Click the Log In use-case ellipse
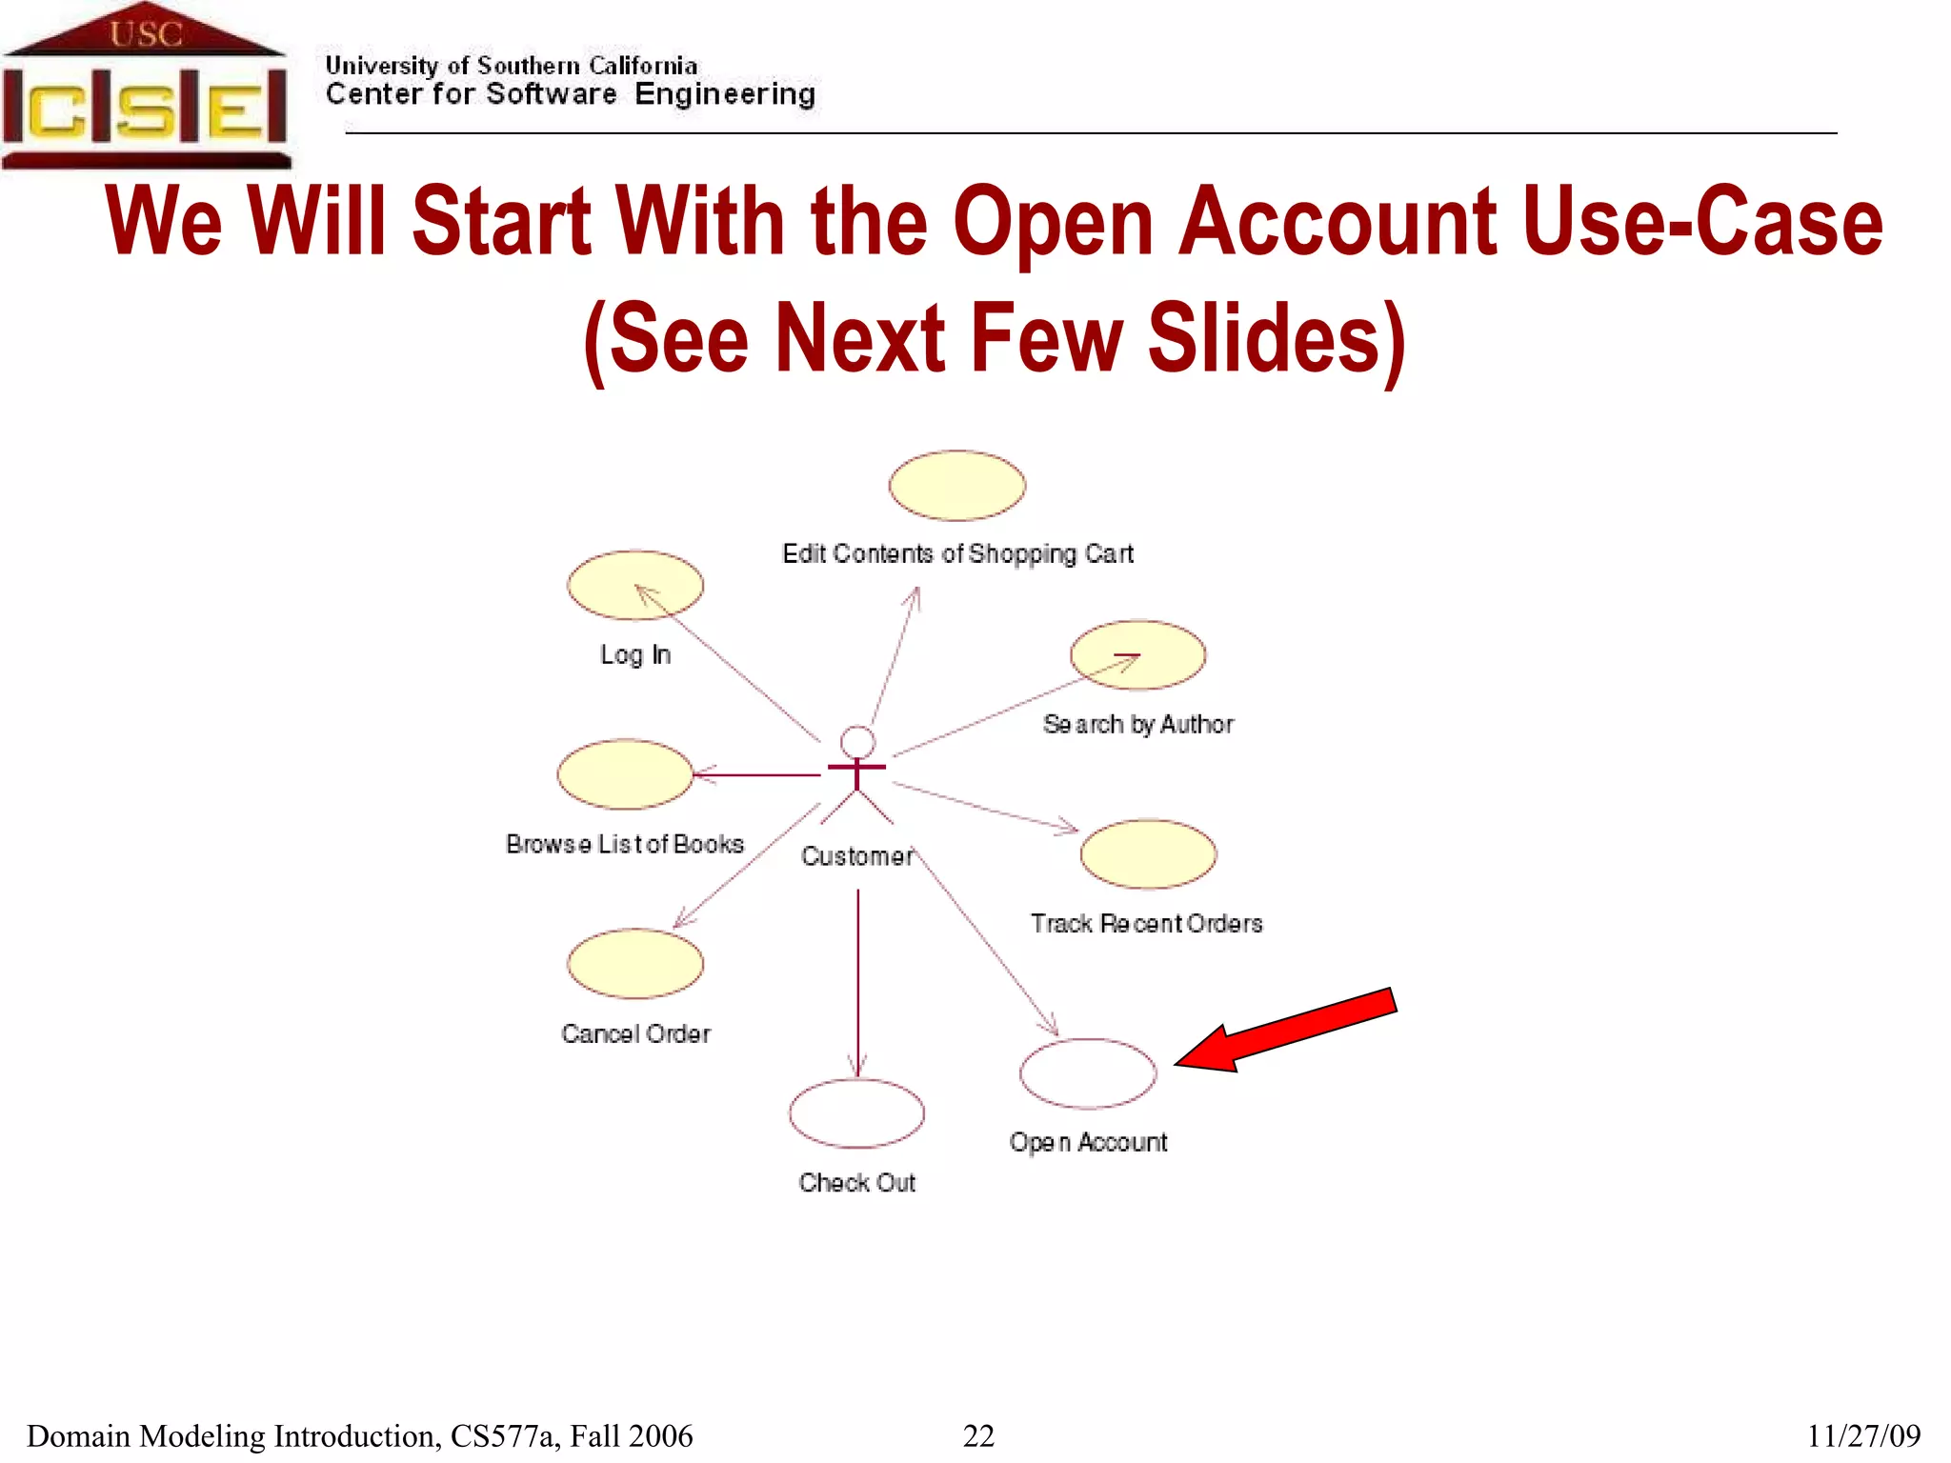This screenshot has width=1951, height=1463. (x=635, y=585)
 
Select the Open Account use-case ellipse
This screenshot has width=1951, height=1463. (x=1088, y=1073)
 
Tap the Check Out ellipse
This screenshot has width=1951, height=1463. (x=856, y=1113)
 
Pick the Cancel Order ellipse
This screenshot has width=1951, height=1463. (x=635, y=964)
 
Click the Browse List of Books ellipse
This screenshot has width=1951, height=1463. (x=625, y=774)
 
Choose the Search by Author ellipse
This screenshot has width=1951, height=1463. (x=1137, y=655)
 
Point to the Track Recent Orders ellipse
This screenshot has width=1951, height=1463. (x=1148, y=854)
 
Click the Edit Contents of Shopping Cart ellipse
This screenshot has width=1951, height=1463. (x=956, y=486)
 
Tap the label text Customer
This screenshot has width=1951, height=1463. (x=857, y=856)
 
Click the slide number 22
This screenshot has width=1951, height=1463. (x=978, y=1435)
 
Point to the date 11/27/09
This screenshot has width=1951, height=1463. (x=1863, y=1435)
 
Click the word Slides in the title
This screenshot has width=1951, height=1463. (x=1275, y=339)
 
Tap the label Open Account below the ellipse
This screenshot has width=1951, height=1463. (x=1088, y=1142)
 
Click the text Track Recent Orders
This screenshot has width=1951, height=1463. (x=1146, y=923)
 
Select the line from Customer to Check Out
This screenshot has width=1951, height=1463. (x=857, y=981)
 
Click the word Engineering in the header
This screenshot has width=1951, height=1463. (x=725, y=94)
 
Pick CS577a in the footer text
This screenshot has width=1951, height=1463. (x=502, y=1435)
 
